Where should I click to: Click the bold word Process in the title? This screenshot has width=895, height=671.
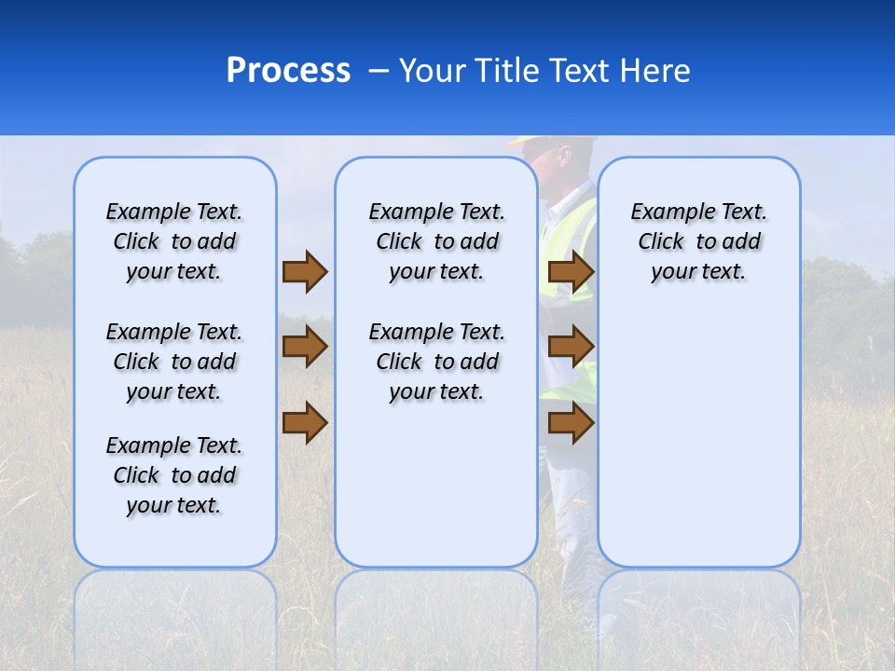tap(288, 71)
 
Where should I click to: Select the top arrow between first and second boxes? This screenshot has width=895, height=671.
tap(305, 271)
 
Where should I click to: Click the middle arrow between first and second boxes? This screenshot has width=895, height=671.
tap(305, 347)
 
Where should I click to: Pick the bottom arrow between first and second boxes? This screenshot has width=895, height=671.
tap(305, 422)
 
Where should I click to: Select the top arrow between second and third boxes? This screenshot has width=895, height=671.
tap(571, 271)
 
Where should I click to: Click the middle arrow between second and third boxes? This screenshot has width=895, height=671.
tap(571, 347)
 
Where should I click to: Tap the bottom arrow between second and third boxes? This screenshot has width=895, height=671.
tap(571, 422)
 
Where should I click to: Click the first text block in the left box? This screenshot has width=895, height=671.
tap(174, 241)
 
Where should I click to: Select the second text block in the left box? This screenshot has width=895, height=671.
tap(174, 362)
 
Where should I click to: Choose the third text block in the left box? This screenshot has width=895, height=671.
tap(174, 475)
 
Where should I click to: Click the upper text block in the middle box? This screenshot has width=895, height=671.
tap(436, 241)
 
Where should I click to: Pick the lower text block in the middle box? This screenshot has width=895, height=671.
tap(436, 362)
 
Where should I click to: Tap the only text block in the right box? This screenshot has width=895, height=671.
tap(698, 241)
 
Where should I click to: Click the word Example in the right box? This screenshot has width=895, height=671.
tap(664, 212)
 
